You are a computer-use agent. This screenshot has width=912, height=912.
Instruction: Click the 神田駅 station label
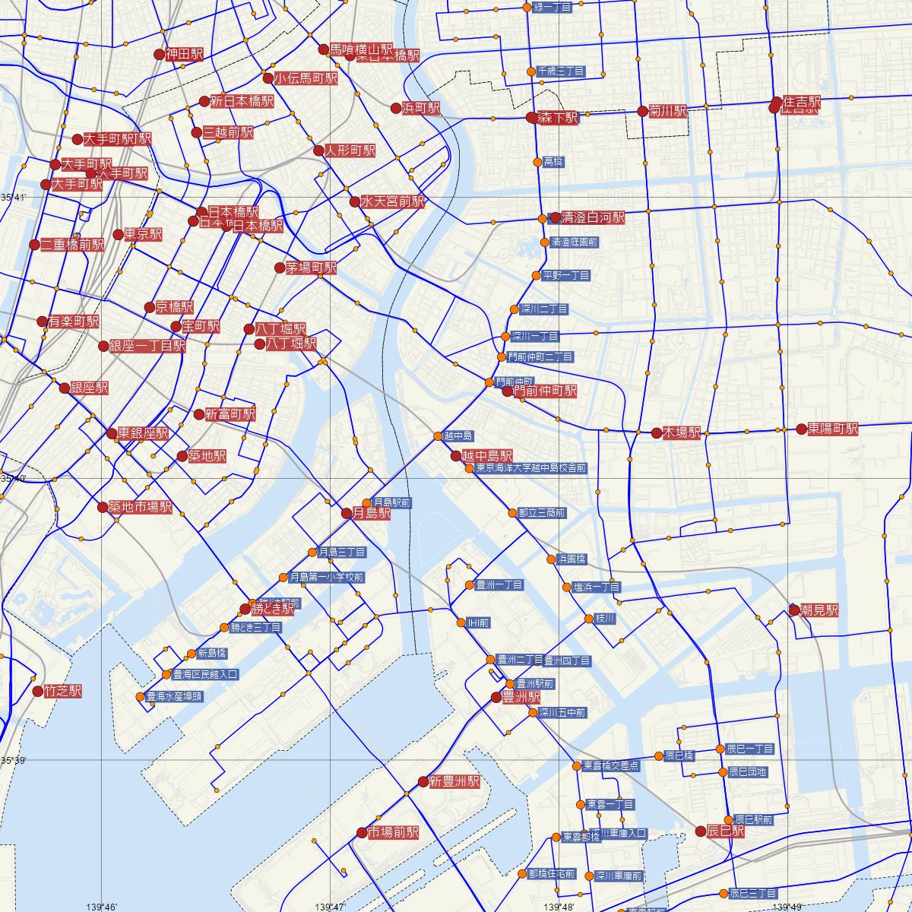(185, 55)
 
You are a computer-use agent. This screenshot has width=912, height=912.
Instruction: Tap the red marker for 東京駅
(119, 235)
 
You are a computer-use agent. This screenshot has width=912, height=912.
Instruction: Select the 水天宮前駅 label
(392, 202)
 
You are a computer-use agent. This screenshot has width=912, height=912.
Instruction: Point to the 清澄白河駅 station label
(593, 218)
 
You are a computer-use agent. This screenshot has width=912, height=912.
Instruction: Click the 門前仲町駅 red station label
(545, 391)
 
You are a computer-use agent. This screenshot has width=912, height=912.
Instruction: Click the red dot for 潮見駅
(795, 610)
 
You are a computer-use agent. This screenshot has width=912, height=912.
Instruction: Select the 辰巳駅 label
(725, 831)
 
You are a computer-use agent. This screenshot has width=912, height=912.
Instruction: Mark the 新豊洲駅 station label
(454, 781)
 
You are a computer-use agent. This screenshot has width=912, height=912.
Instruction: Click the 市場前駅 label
(393, 833)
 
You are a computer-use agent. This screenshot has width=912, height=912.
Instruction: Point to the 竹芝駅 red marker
(38, 692)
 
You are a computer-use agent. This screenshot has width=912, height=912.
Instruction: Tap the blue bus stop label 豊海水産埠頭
(174, 696)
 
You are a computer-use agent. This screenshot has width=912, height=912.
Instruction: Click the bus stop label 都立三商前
(541, 513)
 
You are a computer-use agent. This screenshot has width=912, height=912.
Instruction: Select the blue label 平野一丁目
(566, 275)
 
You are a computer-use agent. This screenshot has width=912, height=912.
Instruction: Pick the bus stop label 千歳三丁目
(560, 71)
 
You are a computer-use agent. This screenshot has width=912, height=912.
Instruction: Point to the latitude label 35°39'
(14, 760)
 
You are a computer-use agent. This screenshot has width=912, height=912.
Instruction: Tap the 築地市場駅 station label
(141, 508)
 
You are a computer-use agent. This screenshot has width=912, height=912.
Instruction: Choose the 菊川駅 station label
(668, 111)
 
